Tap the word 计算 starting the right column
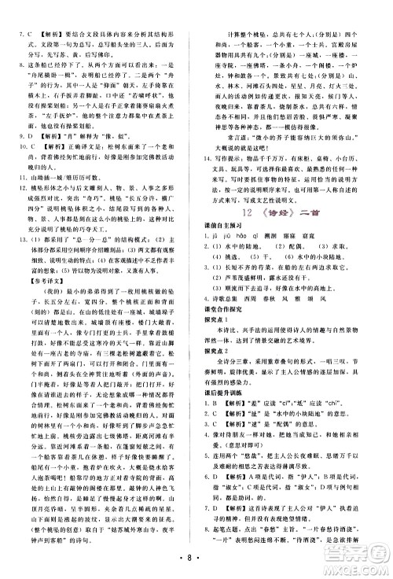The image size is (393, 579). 236,13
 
